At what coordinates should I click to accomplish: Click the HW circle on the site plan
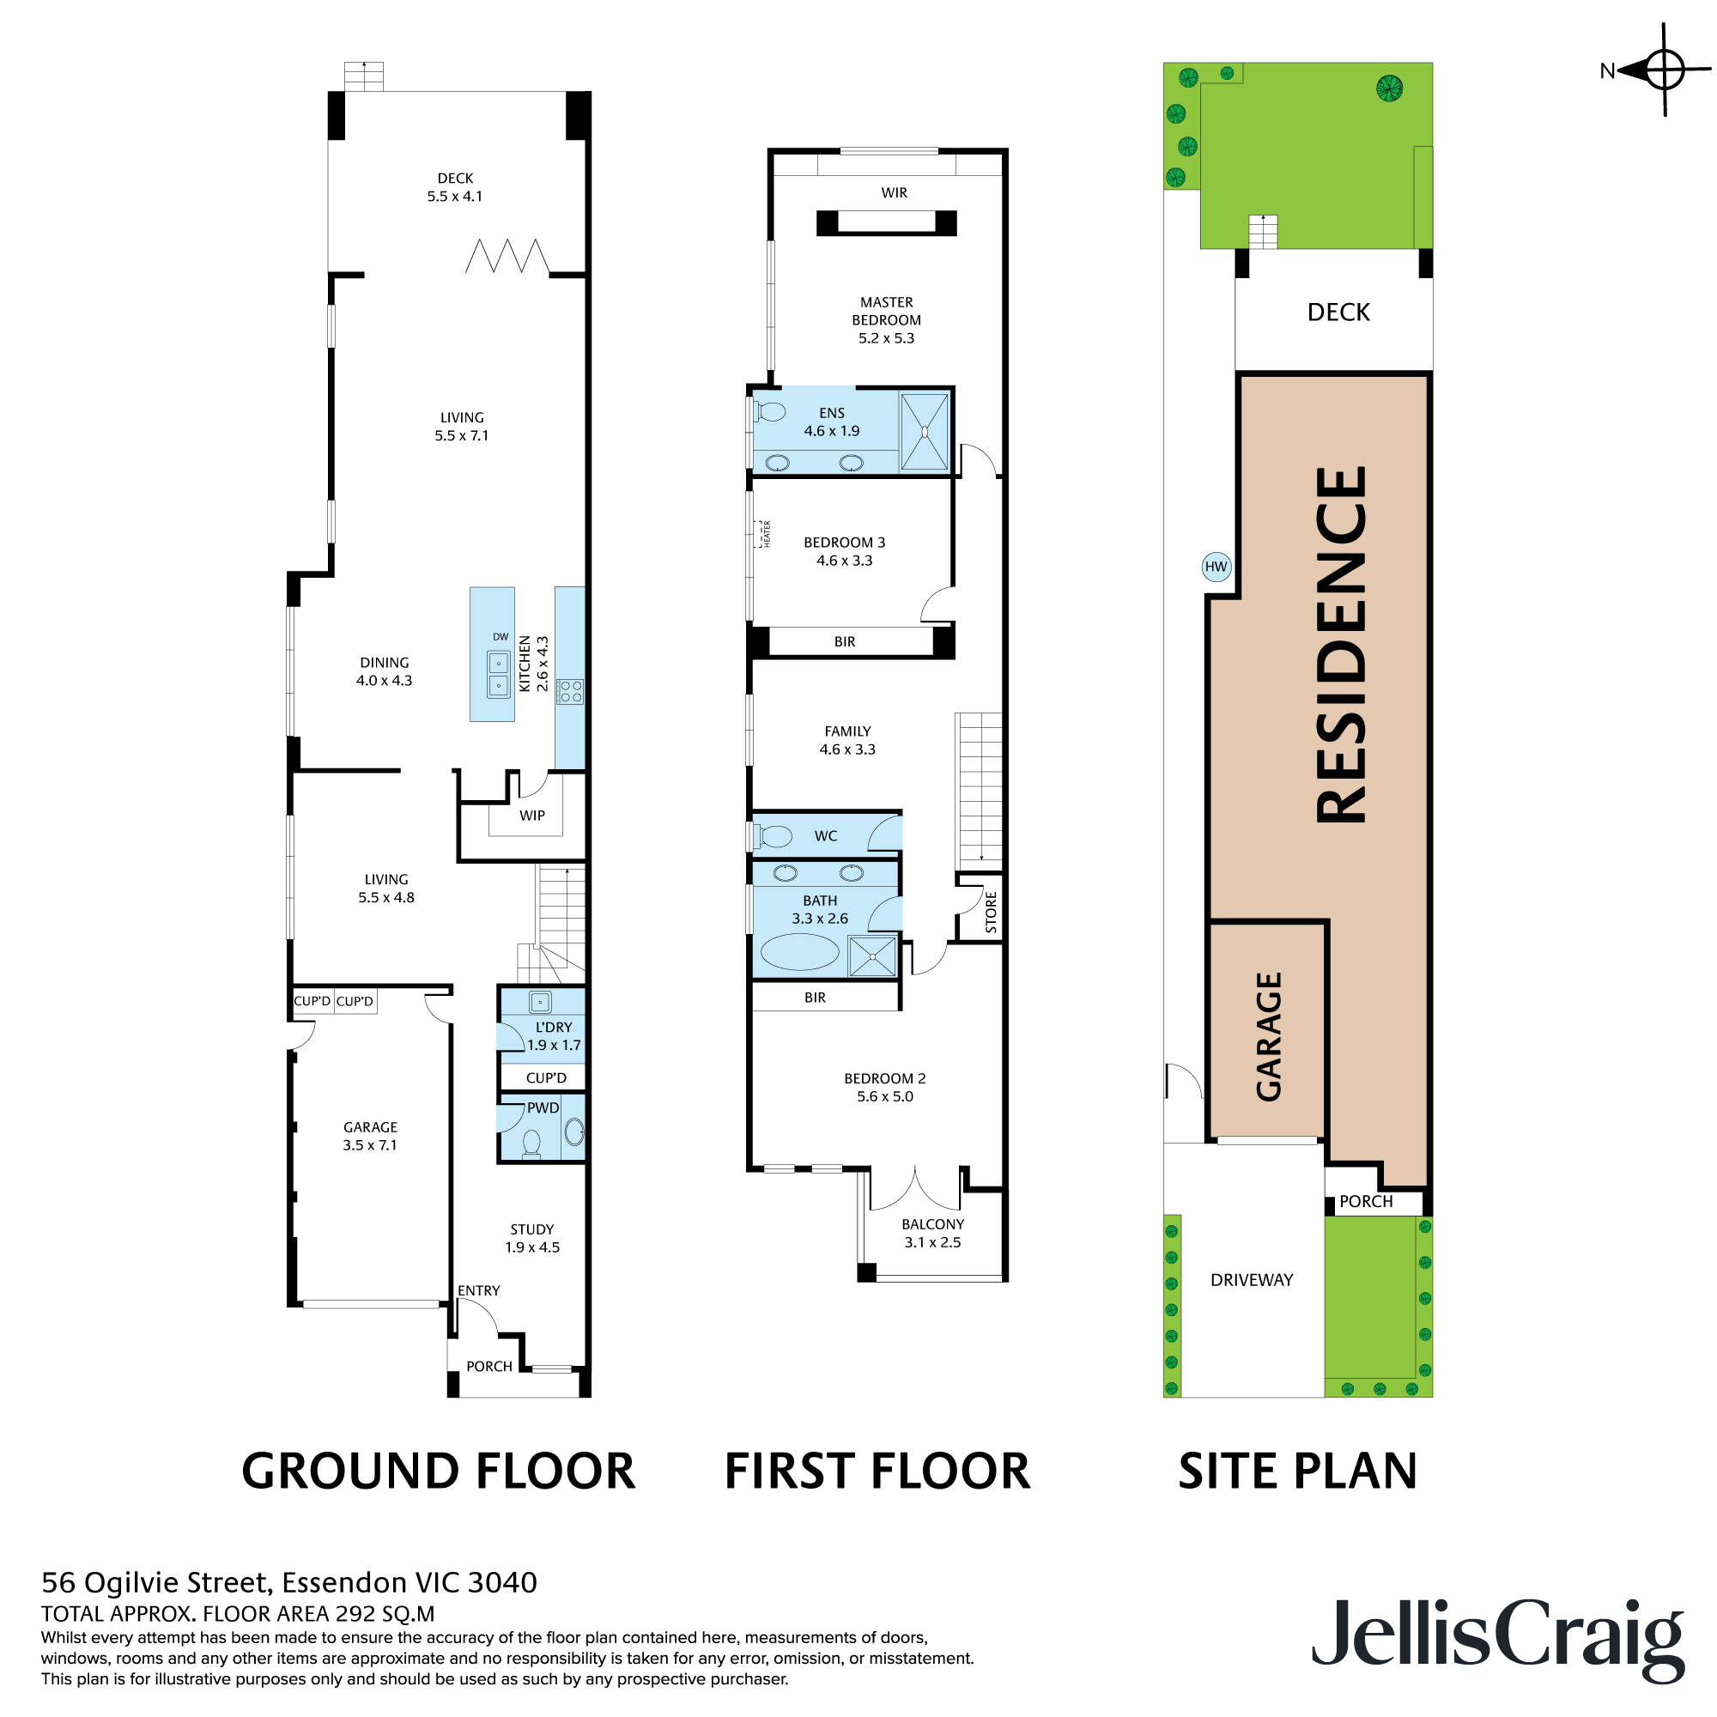coord(1216,567)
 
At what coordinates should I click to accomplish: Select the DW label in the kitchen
coord(501,636)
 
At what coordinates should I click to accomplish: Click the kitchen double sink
coord(499,675)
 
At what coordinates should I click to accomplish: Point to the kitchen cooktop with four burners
coord(570,691)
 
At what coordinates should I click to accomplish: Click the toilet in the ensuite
coord(771,412)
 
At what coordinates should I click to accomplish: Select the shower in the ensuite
coord(925,431)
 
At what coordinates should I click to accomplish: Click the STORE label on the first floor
coord(992,912)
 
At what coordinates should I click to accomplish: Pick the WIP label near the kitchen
coord(532,815)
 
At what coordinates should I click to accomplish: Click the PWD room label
coord(543,1107)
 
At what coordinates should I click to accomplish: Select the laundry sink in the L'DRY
coord(540,1002)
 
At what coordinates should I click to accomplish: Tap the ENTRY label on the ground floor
coord(478,1289)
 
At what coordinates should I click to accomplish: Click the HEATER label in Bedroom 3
coord(767,533)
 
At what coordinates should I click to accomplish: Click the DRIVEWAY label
coord(1252,1280)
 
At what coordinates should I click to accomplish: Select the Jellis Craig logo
coord(1496,1637)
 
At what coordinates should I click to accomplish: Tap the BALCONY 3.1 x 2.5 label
coord(932,1233)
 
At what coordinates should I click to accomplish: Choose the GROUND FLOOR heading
coord(438,1471)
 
